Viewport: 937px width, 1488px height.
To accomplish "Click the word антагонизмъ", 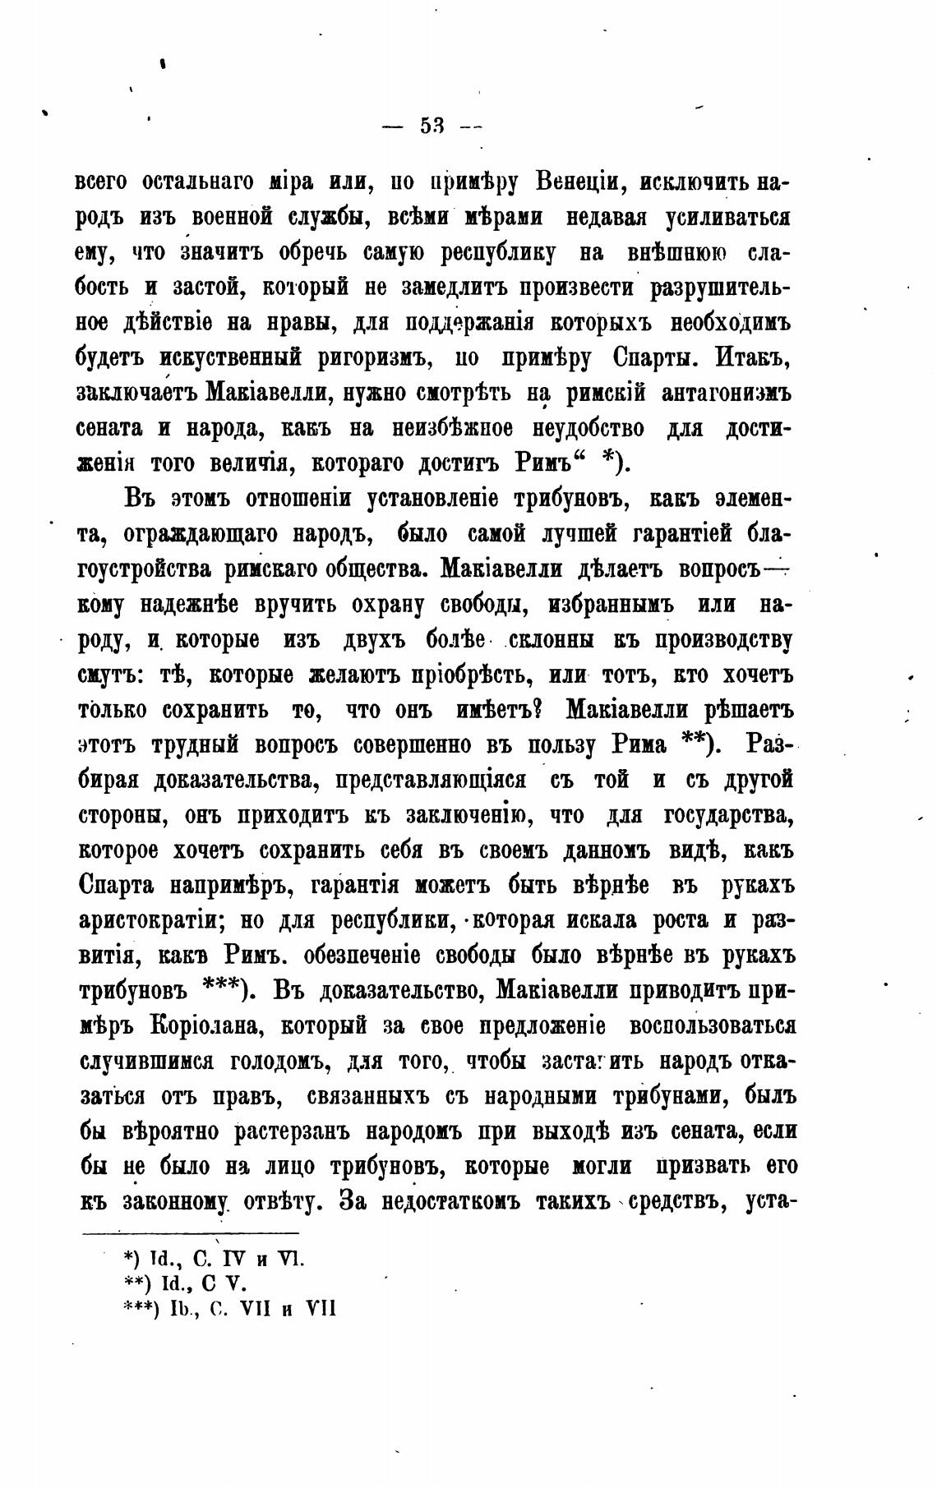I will point(726,393).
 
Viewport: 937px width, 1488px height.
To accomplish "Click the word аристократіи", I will point(153,921).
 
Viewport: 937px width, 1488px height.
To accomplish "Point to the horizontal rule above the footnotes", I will point(191,1232).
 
